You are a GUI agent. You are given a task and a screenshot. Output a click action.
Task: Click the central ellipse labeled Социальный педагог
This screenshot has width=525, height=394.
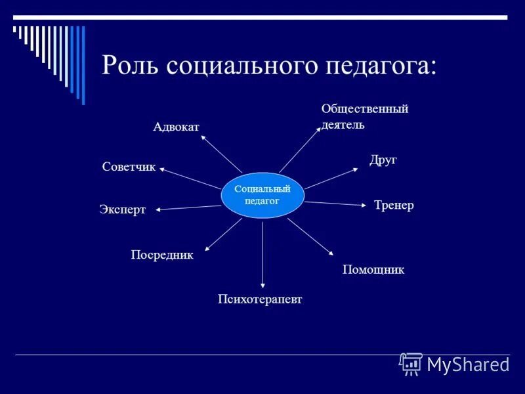[x=262, y=195]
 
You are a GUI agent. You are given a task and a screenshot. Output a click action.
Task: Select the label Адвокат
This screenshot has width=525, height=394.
[x=176, y=126]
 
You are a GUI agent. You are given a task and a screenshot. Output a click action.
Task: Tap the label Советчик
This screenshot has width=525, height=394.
[x=129, y=167]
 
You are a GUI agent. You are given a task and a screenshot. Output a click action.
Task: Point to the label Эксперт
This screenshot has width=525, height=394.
[x=122, y=209]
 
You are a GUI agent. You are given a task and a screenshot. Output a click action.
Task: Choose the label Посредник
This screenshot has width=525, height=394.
[x=162, y=255]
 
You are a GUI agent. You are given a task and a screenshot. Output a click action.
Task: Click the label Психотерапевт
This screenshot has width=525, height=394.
[x=260, y=299]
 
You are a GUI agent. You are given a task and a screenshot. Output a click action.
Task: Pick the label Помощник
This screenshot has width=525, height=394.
[x=373, y=269]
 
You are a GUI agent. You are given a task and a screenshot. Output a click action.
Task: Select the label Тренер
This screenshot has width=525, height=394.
[x=394, y=206]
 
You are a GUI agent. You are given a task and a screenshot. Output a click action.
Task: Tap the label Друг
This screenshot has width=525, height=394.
[x=383, y=160]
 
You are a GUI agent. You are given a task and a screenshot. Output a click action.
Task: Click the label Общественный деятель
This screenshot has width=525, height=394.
[x=364, y=116]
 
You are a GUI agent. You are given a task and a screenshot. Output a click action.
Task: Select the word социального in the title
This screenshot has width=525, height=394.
[x=239, y=66]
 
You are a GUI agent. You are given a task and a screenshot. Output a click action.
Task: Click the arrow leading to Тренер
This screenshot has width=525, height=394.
[x=335, y=204]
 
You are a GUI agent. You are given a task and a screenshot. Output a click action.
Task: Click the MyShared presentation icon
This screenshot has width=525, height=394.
[x=411, y=364]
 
